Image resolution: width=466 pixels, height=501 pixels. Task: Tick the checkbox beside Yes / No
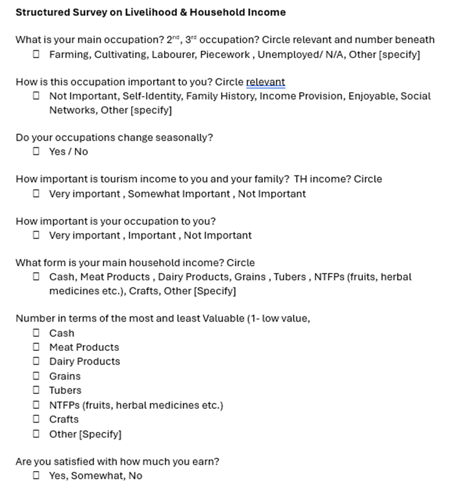tap(36, 151)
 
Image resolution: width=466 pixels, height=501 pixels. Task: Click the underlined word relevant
tap(265, 82)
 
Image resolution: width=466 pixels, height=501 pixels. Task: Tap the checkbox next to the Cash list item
tap(36, 332)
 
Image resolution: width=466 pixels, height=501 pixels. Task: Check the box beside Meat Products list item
tap(36, 347)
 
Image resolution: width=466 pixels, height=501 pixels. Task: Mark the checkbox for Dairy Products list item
tap(36, 361)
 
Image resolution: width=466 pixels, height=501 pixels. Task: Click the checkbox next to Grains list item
tap(36, 376)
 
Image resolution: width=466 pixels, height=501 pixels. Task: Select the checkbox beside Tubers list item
tap(36, 390)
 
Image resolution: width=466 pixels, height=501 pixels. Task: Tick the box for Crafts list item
tap(36, 419)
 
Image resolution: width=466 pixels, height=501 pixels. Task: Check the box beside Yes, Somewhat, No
tap(36, 475)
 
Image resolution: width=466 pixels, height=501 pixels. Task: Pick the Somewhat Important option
tap(178, 194)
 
